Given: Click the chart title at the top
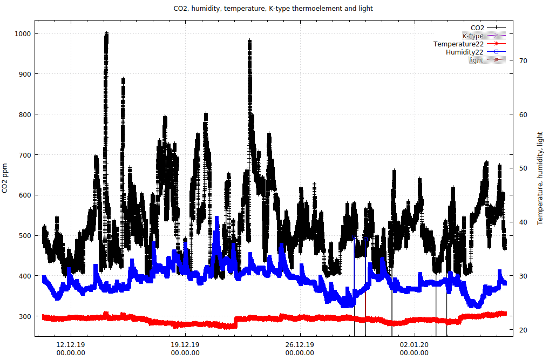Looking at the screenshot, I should pos(273,9).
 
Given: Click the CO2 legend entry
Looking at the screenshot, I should pos(477,28).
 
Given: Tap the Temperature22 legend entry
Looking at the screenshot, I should pos(458,44).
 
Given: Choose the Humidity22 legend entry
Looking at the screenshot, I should pos(464,52).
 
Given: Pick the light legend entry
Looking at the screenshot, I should pos(476,60).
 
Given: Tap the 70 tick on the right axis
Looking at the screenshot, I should pos(521,61).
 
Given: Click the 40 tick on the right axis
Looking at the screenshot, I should pos(521,222).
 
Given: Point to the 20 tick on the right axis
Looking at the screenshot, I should pos(521,330).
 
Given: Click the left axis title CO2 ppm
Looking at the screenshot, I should pos(5,178).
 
